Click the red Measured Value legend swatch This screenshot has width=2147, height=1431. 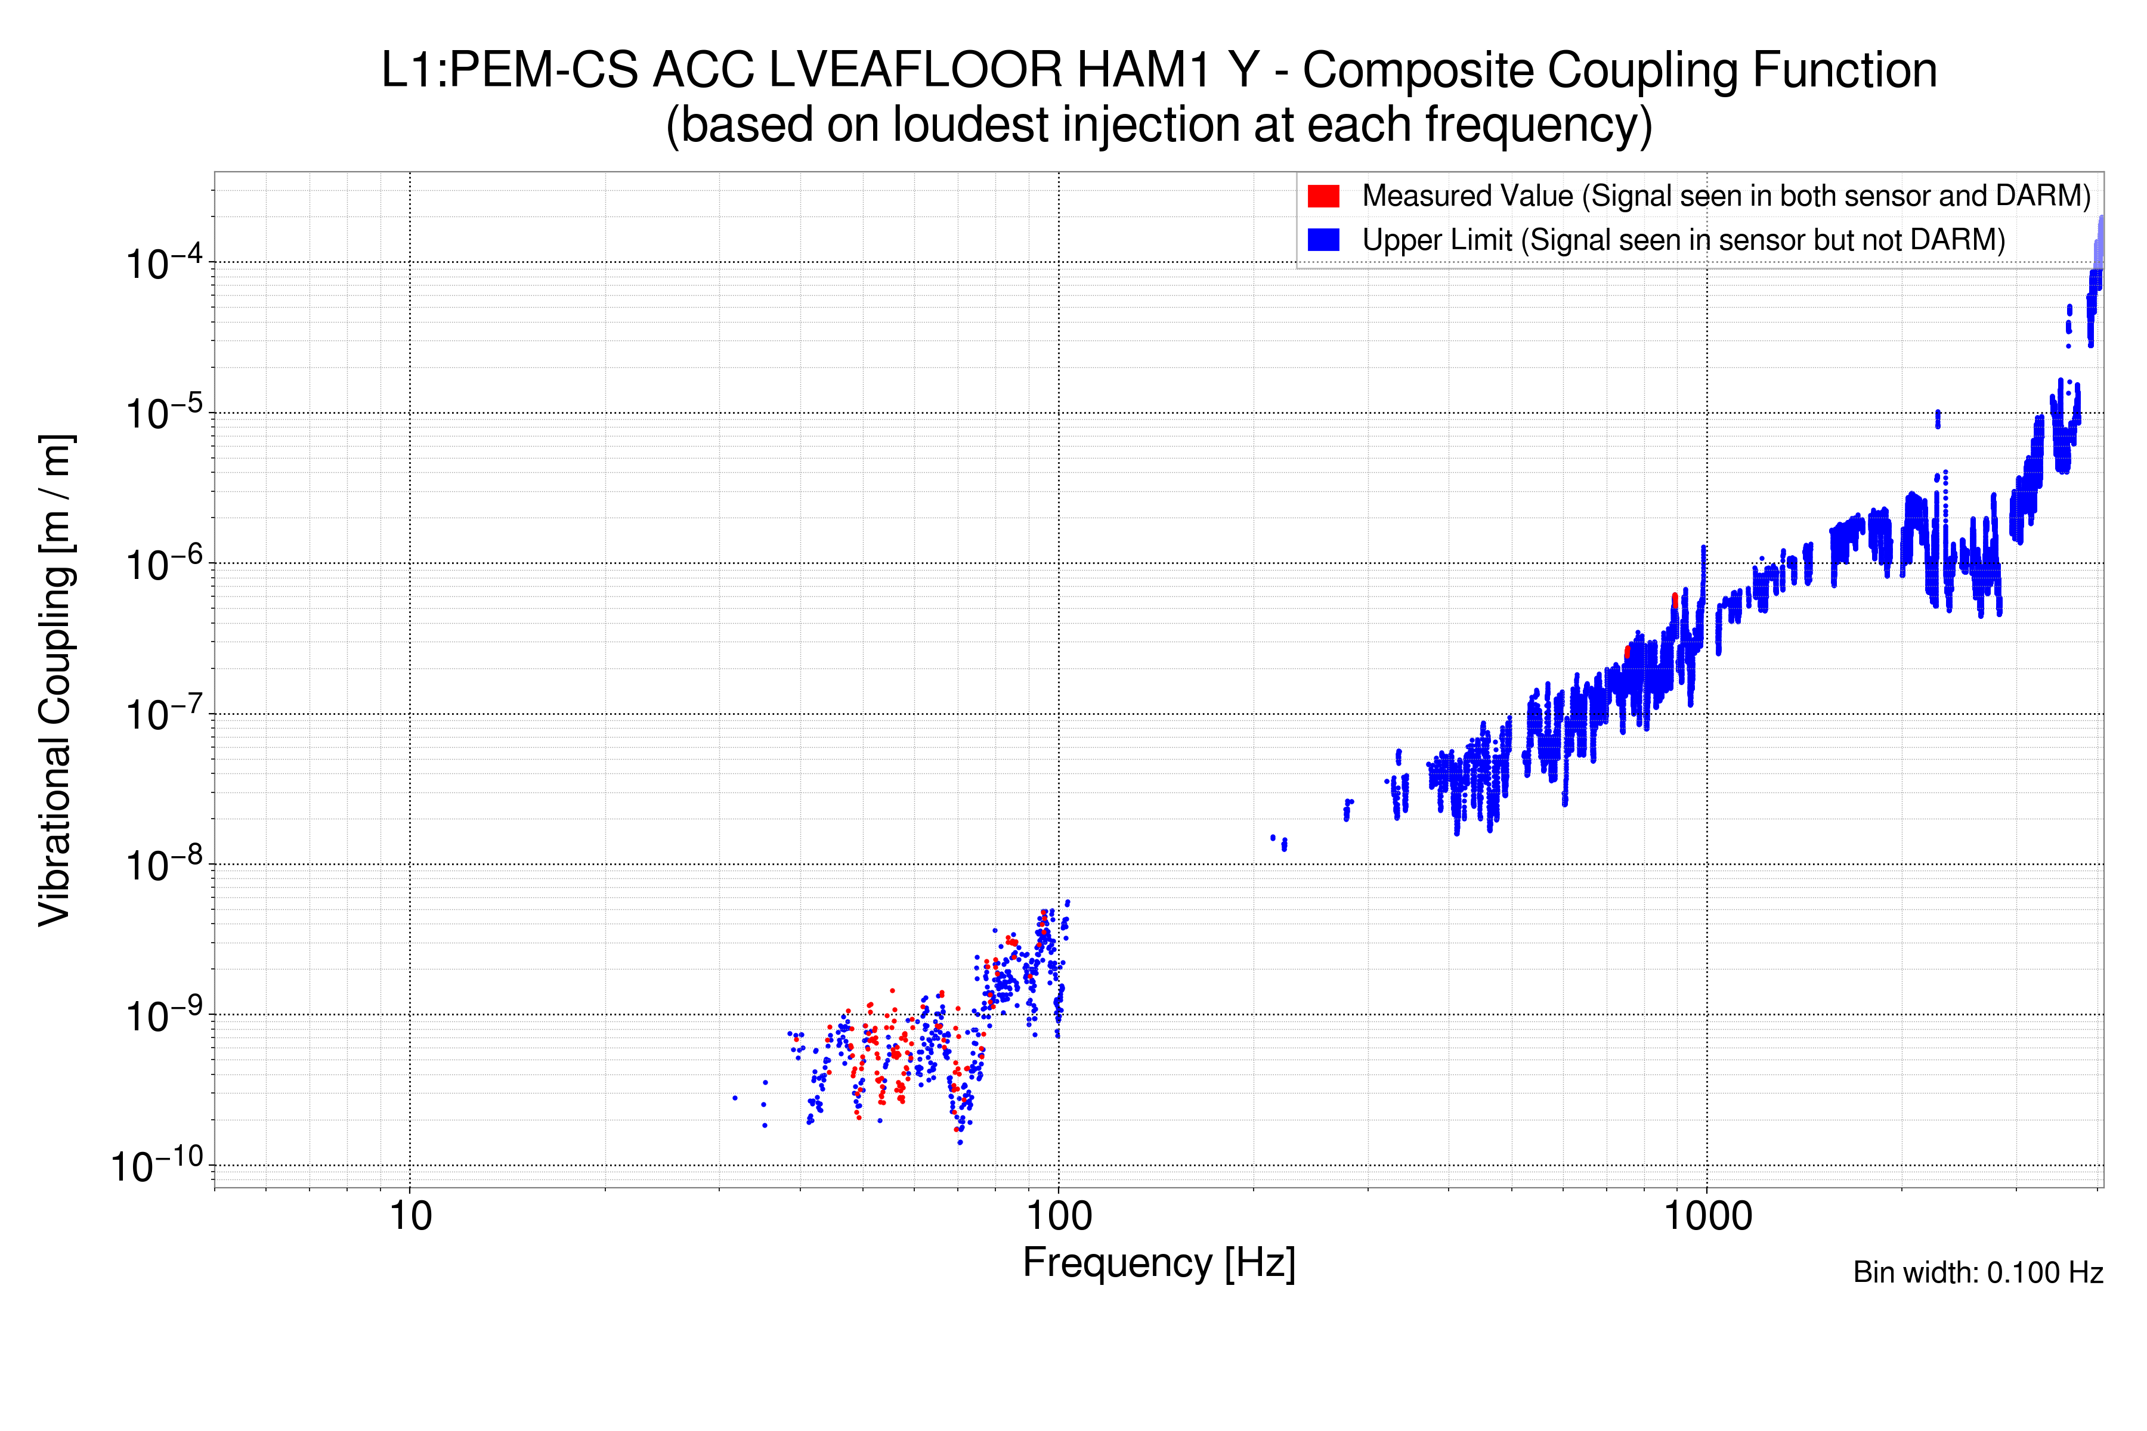pyautogui.click(x=1323, y=196)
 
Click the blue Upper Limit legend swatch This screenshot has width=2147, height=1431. pyautogui.click(x=1323, y=239)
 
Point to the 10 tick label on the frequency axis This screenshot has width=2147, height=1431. pyautogui.click(x=410, y=1216)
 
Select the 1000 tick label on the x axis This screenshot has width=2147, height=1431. pyautogui.click(x=1707, y=1216)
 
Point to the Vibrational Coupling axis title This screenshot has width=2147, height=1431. pyautogui.click(x=55, y=680)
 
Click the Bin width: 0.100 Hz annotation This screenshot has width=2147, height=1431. pyautogui.click(x=1977, y=1272)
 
